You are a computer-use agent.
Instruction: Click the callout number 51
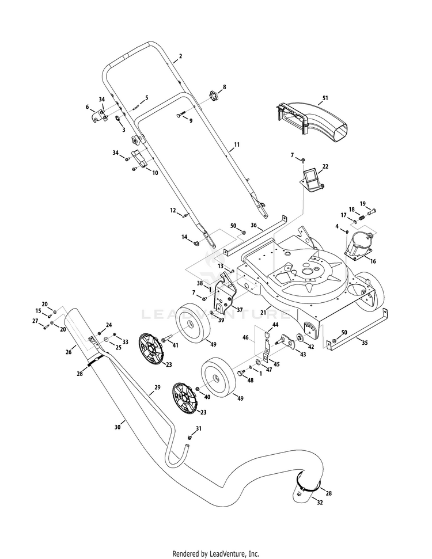(x=325, y=98)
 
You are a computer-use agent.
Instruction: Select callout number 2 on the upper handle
(x=180, y=56)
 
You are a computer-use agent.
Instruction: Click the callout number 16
(x=373, y=261)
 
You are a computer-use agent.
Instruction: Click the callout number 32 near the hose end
(x=320, y=502)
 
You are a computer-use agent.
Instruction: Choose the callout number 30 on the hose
(x=118, y=427)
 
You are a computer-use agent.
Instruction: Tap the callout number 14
(x=185, y=237)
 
